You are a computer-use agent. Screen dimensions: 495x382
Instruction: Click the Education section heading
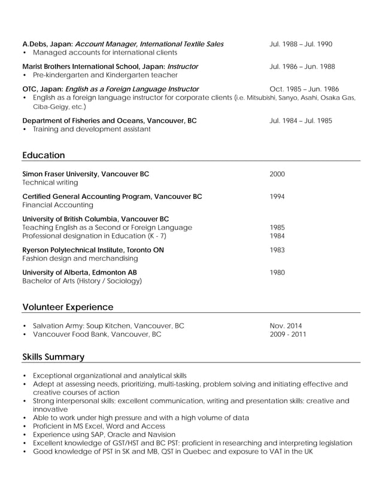43,155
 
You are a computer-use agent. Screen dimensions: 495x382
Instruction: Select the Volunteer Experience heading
68,307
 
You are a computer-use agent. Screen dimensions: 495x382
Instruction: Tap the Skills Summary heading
53,357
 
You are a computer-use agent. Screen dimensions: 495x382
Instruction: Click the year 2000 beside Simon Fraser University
277,174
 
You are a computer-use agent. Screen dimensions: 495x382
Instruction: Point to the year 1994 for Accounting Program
277,197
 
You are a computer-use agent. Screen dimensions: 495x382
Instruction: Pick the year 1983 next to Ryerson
277,250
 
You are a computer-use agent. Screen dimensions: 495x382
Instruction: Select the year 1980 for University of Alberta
277,273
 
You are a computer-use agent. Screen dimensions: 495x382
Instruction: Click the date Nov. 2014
286,325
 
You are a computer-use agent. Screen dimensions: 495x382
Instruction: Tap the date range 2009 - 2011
287,334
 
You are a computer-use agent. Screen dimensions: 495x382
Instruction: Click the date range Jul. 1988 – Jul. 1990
301,44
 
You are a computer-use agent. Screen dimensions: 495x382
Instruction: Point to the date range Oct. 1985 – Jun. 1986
304,89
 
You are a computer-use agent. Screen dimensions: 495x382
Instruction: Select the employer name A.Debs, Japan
47,44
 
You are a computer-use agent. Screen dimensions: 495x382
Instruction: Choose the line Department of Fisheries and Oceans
109,120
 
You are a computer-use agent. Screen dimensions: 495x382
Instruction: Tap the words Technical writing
50,182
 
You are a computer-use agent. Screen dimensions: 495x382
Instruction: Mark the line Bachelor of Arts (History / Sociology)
82,280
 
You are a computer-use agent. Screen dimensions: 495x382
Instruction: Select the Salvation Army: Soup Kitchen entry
108,325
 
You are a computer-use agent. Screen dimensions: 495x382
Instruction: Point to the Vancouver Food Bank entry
97,334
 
